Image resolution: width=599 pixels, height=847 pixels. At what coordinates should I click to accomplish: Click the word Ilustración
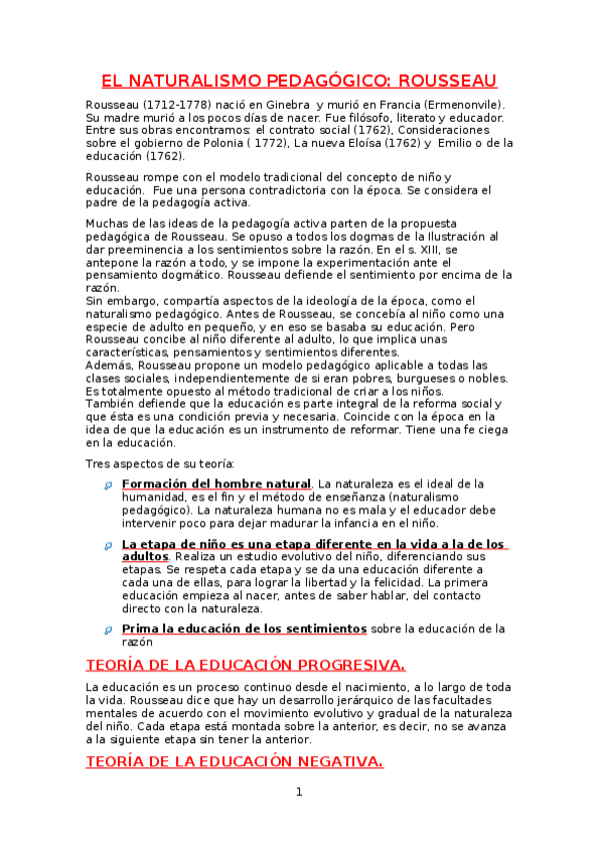[x=455, y=236]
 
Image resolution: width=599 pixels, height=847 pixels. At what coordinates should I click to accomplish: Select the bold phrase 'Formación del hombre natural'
[x=216, y=484]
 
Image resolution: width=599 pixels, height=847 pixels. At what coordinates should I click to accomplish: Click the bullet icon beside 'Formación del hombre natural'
[x=107, y=485]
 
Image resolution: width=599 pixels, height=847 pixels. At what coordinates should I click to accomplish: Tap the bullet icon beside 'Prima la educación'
[x=107, y=630]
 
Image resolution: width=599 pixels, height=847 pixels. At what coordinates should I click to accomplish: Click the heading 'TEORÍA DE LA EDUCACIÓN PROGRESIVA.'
[x=246, y=664]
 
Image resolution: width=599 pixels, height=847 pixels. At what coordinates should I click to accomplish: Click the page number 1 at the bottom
[x=298, y=793]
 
